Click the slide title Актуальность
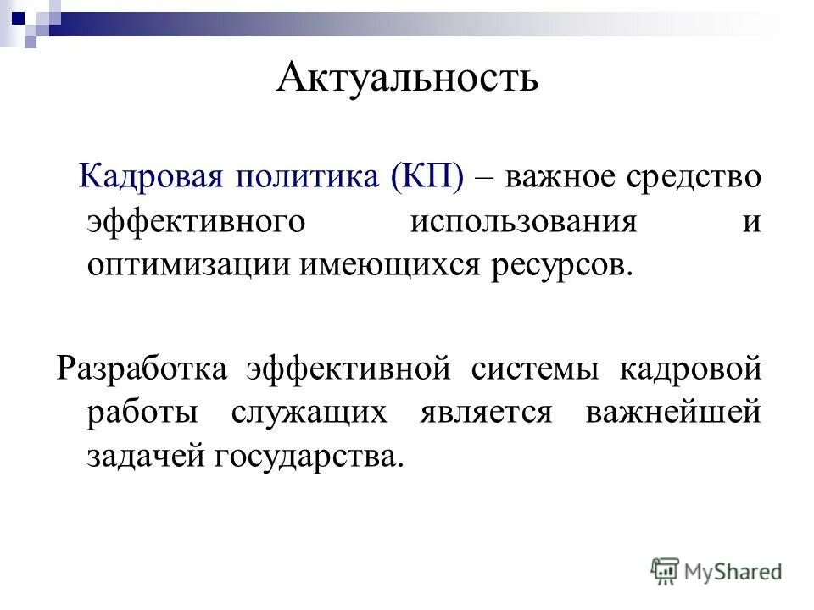click(x=407, y=79)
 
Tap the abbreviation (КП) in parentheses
click(x=428, y=178)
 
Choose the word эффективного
click(x=196, y=222)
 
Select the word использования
click(x=524, y=222)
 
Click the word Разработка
click(x=142, y=370)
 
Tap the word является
click(x=486, y=413)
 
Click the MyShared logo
click(x=716, y=571)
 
